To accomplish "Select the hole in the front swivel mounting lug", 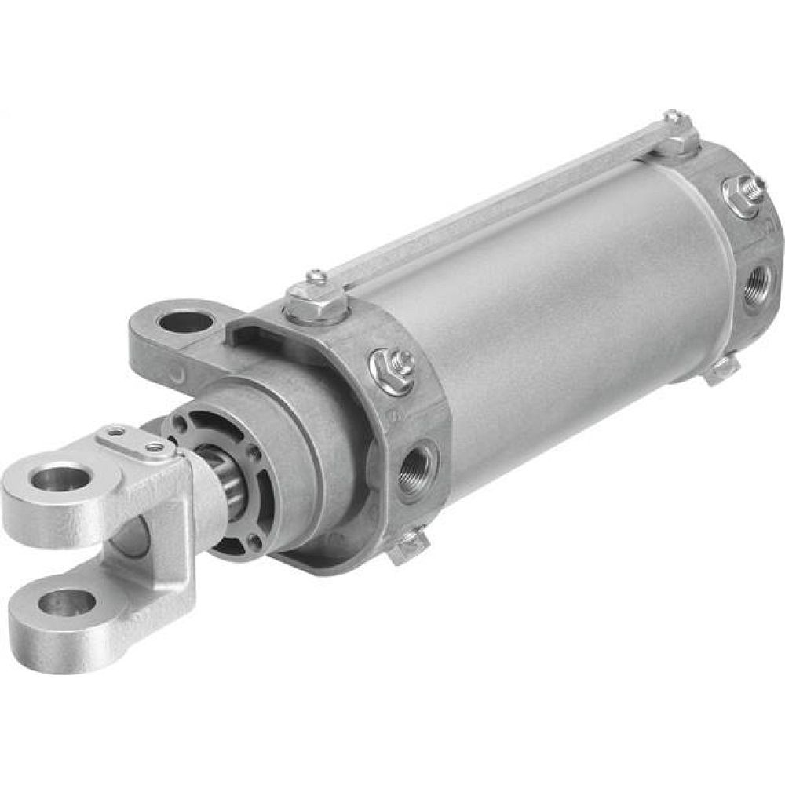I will [184, 321].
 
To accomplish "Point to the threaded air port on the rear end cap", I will [758, 280].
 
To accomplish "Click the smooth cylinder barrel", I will [549, 314].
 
